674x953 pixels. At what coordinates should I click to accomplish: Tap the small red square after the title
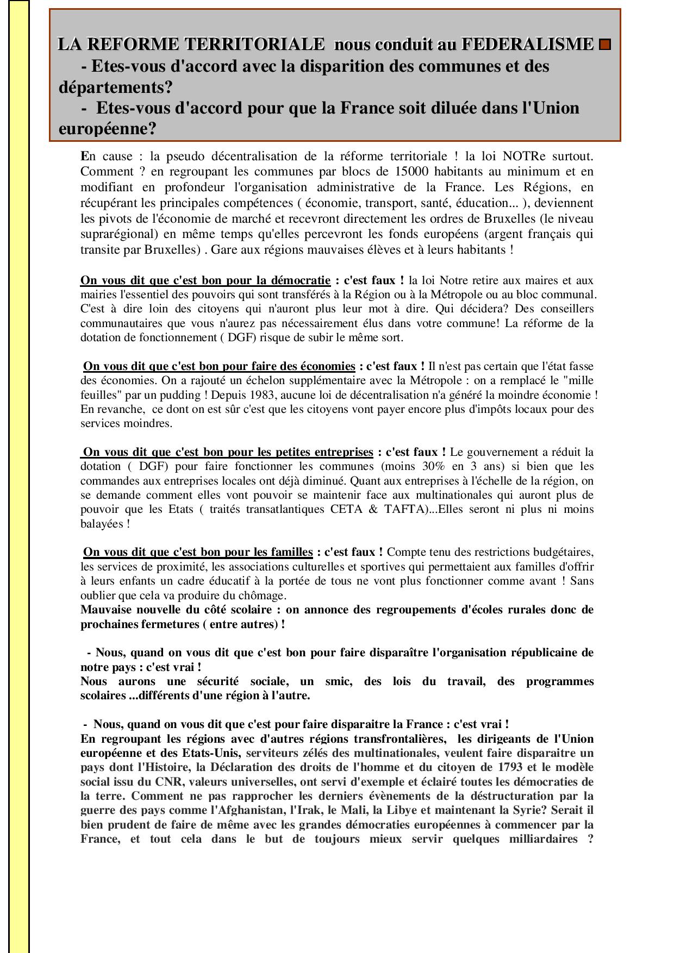604,45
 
